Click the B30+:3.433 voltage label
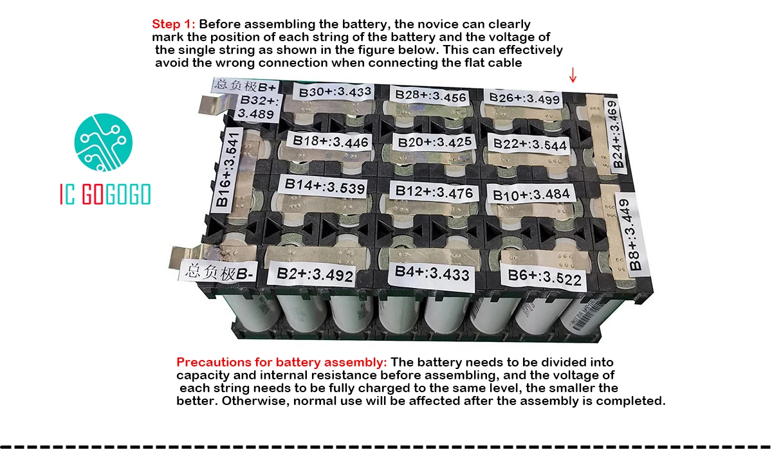[x=334, y=92]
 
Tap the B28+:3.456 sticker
[x=430, y=96]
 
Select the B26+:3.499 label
[x=524, y=98]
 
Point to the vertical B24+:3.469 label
[x=614, y=134]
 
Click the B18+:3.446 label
[x=329, y=141]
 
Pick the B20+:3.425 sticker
[x=434, y=142]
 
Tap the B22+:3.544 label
[x=529, y=144]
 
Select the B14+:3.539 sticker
[x=324, y=186]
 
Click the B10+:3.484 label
[x=531, y=195]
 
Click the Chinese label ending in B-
[x=219, y=272]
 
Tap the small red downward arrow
[x=573, y=75]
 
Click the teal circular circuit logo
[x=104, y=142]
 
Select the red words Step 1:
[x=173, y=24]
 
